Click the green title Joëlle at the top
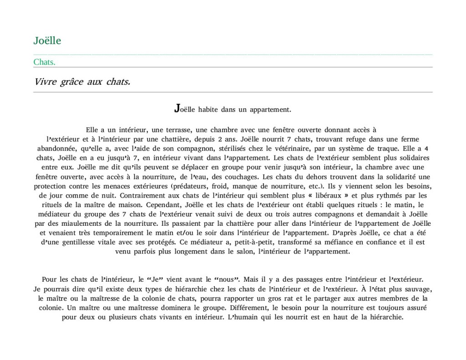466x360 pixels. click(x=47, y=41)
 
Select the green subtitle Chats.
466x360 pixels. click(x=44, y=62)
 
